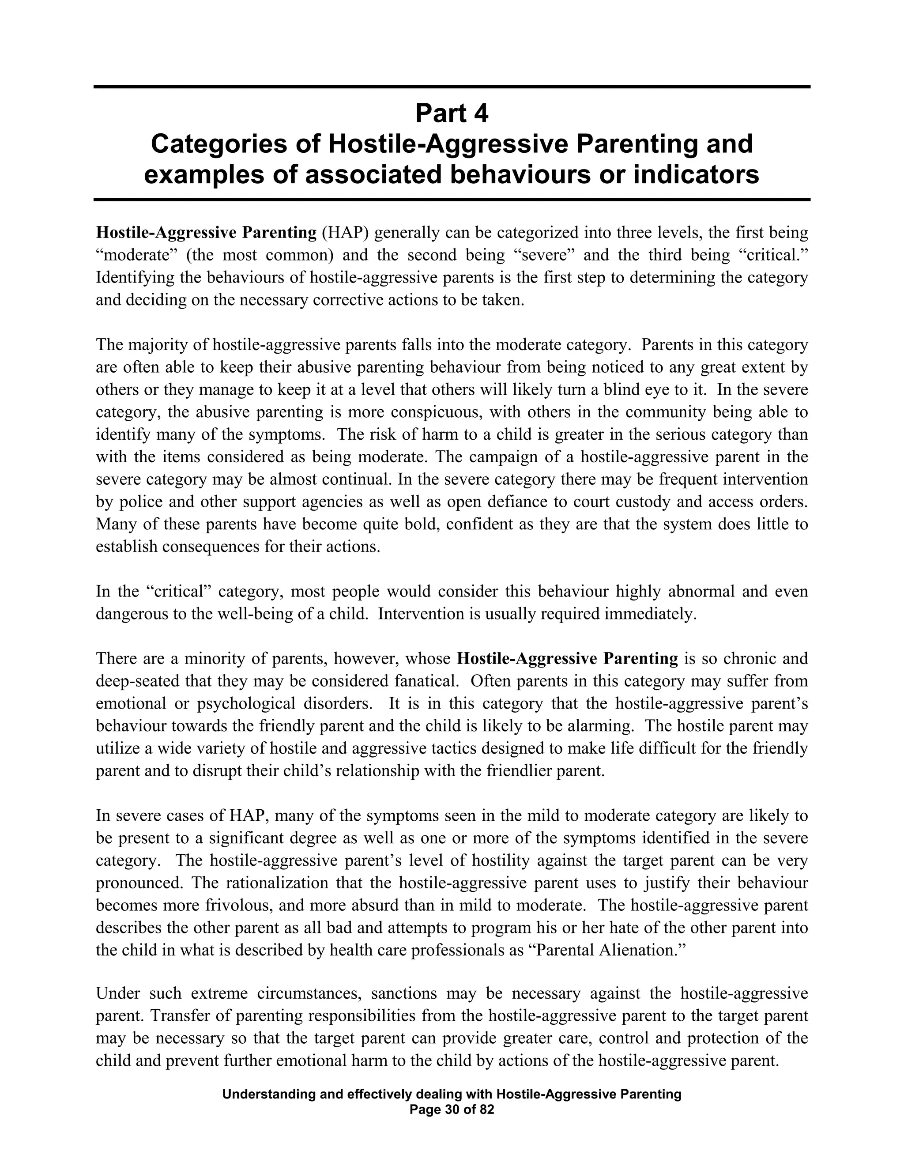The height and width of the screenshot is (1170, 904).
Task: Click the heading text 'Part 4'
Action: [x=452, y=113]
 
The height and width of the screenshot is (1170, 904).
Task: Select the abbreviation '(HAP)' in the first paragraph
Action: [x=346, y=233]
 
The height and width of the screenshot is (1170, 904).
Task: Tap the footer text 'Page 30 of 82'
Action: [x=452, y=1110]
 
